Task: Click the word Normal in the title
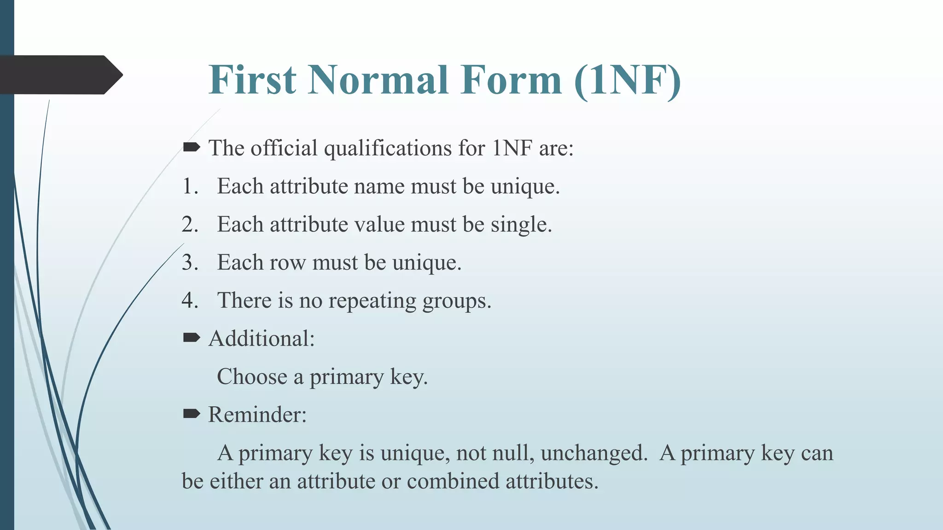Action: (378, 80)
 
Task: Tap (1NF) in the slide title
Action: (628, 80)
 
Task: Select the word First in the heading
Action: (252, 80)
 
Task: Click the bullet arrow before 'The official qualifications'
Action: (191, 147)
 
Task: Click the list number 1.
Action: (189, 186)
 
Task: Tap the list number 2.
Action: (189, 225)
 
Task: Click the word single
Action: (520, 225)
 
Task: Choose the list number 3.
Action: (189, 263)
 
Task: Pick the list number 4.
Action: (189, 301)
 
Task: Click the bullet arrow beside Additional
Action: (191, 338)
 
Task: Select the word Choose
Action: (252, 377)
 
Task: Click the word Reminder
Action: (256, 415)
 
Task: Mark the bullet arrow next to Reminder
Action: (191, 414)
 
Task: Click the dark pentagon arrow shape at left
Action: (60, 75)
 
